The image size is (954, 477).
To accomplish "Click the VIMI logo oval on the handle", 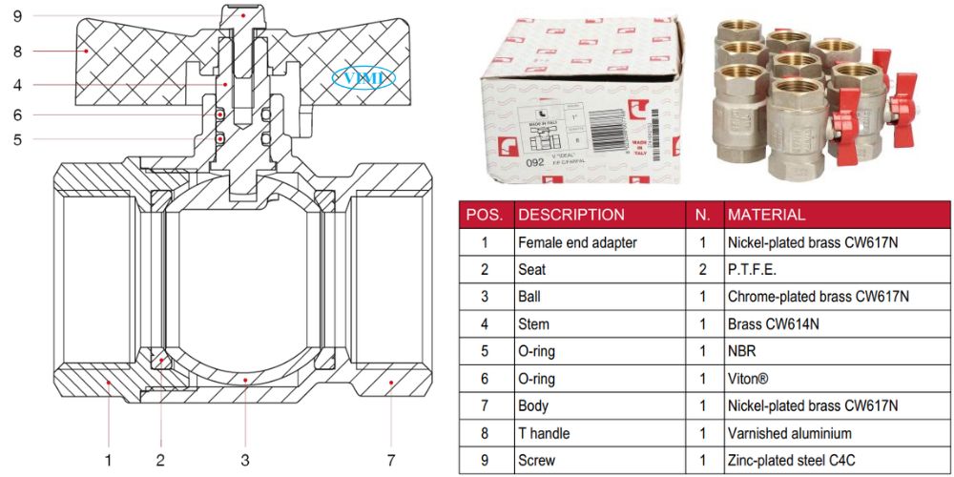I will [363, 78].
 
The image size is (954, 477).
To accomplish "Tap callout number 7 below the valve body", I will [391, 460].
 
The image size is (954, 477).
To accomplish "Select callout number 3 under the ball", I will [245, 460].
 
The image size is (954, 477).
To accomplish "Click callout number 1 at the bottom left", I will [108, 460].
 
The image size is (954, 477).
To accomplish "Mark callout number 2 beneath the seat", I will [160, 460].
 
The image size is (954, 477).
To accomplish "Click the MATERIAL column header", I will [766, 215].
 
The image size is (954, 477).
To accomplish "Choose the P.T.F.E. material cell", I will [753, 270].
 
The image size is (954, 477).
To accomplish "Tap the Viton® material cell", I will [748, 379].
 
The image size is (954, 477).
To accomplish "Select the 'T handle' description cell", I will [544, 433].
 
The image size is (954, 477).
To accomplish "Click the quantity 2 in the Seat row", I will [702, 270].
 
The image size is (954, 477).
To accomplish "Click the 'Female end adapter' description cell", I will [577, 242].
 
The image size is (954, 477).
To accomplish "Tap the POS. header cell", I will [486, 215].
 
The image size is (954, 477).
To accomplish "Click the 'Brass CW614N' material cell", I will [774, 324].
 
